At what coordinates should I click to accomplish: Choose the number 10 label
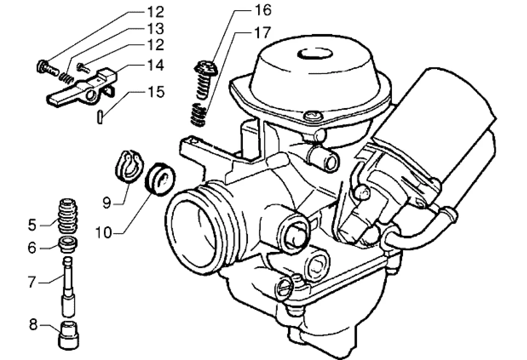pos(105,232)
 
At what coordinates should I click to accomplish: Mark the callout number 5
pos(32,225)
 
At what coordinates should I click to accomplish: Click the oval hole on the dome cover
pos(311,54)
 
